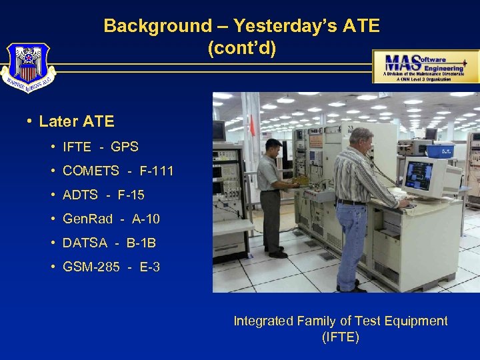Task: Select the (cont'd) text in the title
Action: tap(241, 49)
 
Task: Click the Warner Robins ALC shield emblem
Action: tap(28, 67)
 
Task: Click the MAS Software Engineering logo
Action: tap(425, 66)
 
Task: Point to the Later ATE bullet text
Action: tap(77, 122)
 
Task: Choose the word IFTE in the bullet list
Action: tap(77, 147)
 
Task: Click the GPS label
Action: tap(125, 147)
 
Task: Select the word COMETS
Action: tap(91, 171)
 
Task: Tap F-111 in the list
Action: tap(157, 171)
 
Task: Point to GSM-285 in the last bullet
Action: tap(91, 267)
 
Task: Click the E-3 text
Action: tap(150, 267)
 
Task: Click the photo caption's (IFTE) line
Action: tap(340, 337)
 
